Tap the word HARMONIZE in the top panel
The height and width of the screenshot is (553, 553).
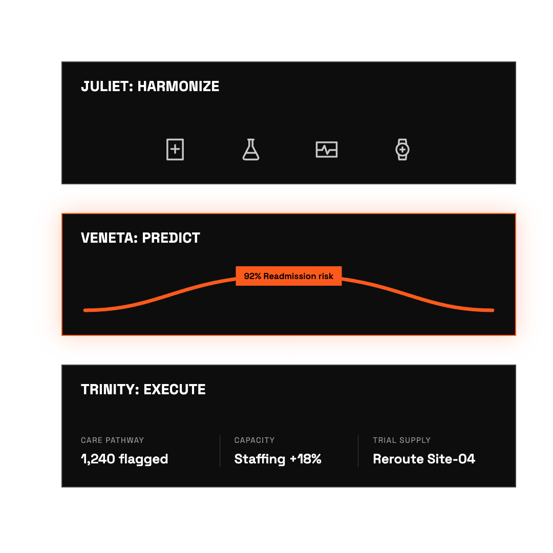[178, 87]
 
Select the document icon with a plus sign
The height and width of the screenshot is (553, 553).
[175, 150]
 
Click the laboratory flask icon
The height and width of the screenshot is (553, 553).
[251, 150]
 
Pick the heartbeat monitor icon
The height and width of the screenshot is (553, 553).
[327, 150]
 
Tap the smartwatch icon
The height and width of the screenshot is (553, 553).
[402, 150]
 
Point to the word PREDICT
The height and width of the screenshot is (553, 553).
[171, 238]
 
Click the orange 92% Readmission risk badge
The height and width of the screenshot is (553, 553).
[288, 276]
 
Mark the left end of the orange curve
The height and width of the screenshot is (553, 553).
[85, 310]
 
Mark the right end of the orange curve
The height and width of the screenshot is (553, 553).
[493, 310]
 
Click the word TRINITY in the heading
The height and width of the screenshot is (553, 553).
[111, 390]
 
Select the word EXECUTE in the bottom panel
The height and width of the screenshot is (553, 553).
[175, 390]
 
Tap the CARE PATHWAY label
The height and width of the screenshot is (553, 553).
[112, 440]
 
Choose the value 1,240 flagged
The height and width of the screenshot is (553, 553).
[124, 459]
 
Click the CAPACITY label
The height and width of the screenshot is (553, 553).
[254, 440]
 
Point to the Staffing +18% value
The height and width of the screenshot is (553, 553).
[278, 459]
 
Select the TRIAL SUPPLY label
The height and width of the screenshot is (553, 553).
[402, 440]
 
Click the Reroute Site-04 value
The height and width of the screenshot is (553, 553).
[424, 459]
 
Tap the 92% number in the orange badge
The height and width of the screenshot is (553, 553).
[252, 276]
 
